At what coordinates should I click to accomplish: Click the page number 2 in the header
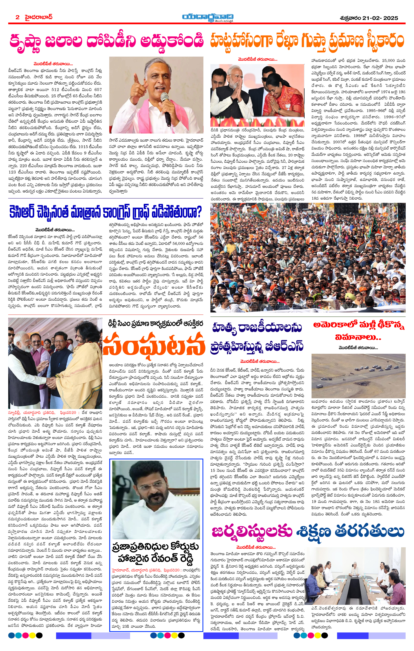(18, 17)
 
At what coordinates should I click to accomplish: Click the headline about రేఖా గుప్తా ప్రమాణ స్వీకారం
(307, 41)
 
